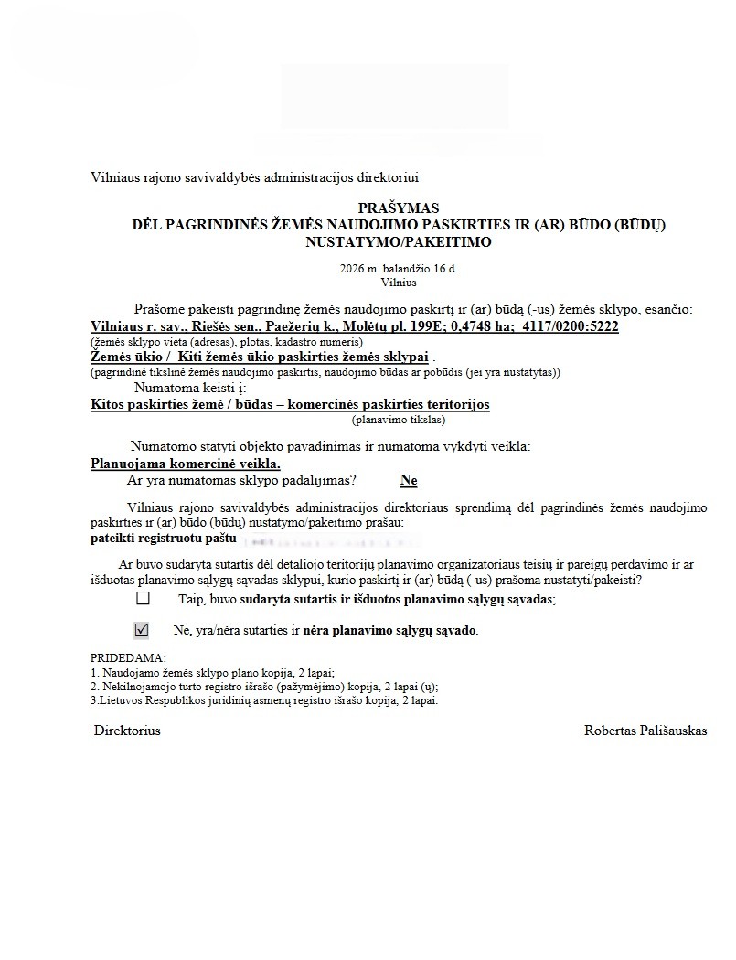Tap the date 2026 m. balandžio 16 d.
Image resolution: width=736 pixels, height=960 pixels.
(398, 269)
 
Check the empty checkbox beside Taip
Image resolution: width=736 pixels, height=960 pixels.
(143, 599)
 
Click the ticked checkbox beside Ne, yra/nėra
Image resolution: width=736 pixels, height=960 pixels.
(142, 630)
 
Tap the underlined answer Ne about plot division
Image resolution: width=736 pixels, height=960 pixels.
(409, 480)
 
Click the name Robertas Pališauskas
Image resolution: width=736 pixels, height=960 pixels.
(645, 731)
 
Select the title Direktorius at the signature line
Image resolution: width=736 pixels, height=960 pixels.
(127, 731)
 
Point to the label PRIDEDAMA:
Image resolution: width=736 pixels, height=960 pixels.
(128, 658)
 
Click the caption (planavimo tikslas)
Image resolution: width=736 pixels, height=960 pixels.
(398, 420)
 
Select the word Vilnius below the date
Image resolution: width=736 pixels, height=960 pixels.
(398, 283)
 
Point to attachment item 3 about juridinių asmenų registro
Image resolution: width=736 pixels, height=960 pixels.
(265, 700)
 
